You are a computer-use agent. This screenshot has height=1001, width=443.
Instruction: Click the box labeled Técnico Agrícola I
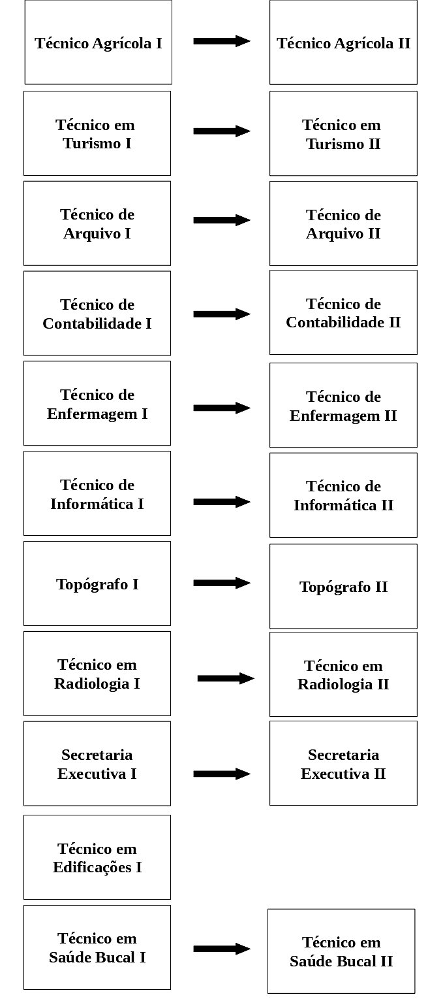[98, 42]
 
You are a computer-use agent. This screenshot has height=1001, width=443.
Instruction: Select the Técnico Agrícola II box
[343, 42]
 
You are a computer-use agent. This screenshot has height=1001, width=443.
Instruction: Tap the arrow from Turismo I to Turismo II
[222, 131]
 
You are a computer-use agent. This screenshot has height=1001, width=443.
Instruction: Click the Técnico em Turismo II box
[343, 133]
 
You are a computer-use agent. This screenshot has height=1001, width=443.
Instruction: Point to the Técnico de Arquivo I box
[97, 223]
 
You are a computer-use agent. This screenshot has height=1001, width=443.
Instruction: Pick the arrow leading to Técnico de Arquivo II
[222, 220]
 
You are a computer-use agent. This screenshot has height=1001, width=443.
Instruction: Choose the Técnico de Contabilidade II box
[343, 312]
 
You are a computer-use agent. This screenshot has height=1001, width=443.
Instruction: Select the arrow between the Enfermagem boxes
[222, 408]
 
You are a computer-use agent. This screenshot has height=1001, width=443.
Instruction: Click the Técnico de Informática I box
[97, 493]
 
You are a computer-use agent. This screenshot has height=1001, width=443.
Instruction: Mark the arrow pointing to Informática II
[222, 502]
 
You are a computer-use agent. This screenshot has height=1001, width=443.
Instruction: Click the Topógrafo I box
[97, 583]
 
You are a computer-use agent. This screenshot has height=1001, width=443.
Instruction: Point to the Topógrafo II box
[343, 586]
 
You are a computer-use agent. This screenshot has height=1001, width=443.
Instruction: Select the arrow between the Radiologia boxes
[226, 678]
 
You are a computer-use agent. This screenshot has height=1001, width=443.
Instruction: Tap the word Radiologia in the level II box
[335, 685]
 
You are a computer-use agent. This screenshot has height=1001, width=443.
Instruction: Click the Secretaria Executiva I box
[97, 764]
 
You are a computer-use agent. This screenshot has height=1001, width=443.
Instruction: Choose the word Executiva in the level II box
[335, 774]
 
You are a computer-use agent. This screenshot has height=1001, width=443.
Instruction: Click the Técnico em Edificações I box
[97, 857]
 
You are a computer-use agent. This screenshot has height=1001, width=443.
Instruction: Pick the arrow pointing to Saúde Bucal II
[222, 949]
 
